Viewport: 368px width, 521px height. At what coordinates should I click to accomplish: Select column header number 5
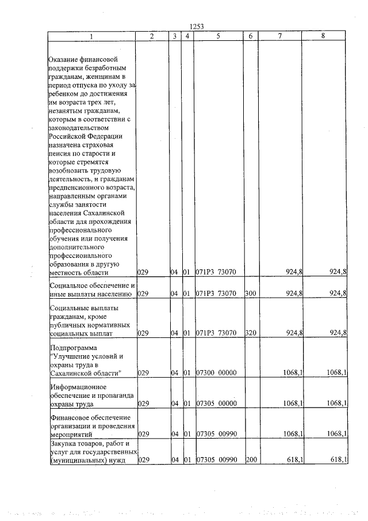(x=218, y=36)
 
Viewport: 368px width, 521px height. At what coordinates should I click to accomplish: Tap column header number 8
(x=324, y=36)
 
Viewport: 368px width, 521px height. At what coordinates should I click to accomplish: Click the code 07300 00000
(x=216, y=373)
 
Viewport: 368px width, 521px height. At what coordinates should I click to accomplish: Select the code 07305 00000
(x=216, y=404)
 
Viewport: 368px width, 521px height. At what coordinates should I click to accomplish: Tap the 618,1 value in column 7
(x=295, y=459)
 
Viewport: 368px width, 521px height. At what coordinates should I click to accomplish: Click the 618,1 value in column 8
(x=339, y=459)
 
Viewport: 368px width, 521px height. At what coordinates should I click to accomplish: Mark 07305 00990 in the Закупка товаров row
(x=216, y=459)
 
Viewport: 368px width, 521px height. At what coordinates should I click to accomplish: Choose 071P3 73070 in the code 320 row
(x=216, y=333)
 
